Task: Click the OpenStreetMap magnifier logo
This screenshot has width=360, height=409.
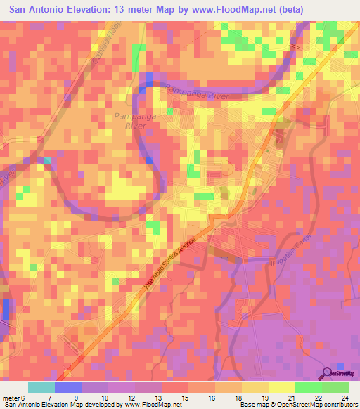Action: (329, 374)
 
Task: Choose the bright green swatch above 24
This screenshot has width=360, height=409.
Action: (335, 387)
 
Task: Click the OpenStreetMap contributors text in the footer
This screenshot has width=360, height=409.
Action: (314, 405)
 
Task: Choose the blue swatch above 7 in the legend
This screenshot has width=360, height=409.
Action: (68, 387)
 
